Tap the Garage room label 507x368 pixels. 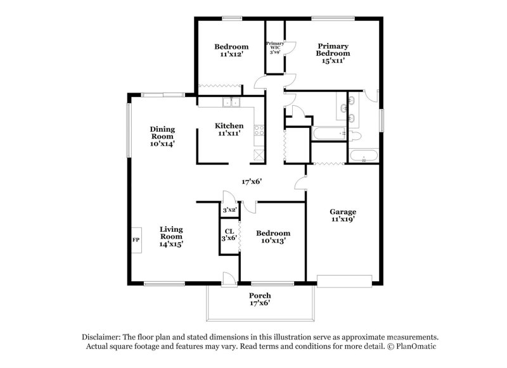342,215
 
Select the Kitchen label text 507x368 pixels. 229,129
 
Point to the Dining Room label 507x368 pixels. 162,136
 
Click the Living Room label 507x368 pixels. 171,236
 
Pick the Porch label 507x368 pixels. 260,300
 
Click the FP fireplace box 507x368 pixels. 136,240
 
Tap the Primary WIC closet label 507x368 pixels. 274,48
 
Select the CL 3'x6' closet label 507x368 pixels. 229,234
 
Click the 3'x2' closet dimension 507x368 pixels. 229,210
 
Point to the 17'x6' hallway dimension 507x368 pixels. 252,181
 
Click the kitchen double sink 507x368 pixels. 229,102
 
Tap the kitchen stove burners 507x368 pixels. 259,132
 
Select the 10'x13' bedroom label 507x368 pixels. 273,237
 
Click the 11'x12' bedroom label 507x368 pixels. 231,51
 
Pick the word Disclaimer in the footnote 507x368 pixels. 102,337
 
